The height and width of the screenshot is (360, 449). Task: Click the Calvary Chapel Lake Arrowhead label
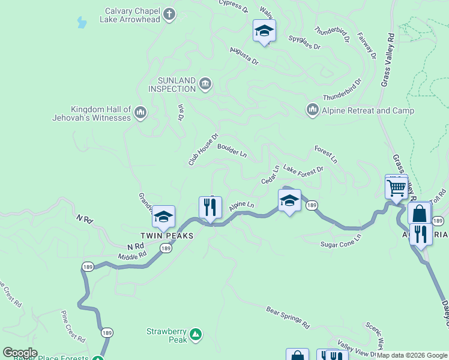[x=132, y=15]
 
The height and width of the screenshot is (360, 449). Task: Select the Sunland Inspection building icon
[x=205, y=83]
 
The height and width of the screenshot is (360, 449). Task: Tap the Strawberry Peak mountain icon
[x=195, y=334]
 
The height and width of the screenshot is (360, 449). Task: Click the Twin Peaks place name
[x=167, y=236]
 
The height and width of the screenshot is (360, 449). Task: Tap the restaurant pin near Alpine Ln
[x=210, y=208]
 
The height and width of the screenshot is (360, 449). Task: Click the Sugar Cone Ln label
[x=340, y=241]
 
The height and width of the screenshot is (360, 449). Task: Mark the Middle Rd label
[x=132, y=254]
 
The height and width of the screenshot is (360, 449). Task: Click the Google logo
[x=19, y=353]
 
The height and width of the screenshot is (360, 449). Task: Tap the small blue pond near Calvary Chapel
[x=81, y=23]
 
